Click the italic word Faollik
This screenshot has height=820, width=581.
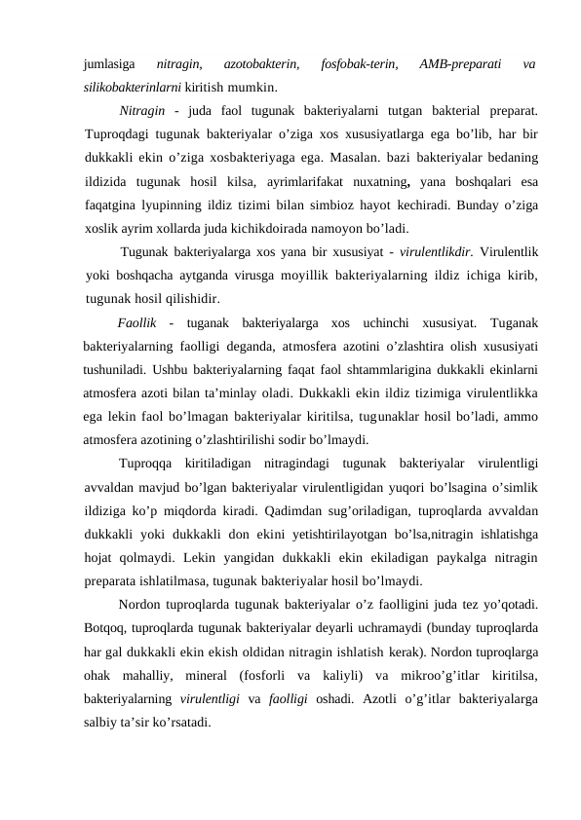[136, 322]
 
